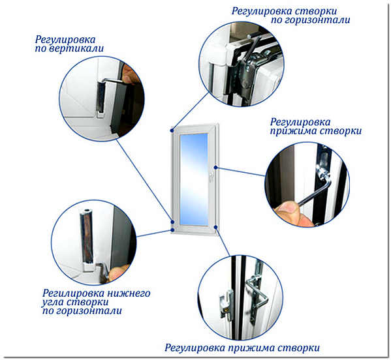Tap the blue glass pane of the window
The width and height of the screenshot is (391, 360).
coord(194,179)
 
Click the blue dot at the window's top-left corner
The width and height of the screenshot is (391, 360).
coord(172,130)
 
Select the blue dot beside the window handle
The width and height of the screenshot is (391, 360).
coord(216,168)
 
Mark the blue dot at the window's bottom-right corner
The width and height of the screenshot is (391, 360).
coord(215,227)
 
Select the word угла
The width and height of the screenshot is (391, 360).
coord(53,302)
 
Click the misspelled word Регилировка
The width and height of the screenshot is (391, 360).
coord(73,293)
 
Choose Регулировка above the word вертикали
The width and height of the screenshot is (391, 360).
coord(65,40)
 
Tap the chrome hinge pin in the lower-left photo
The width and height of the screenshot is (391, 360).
coord(86,239)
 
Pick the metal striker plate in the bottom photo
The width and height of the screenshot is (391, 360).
coord(226,305)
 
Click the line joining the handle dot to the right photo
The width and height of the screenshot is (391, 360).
coord(241,172)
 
